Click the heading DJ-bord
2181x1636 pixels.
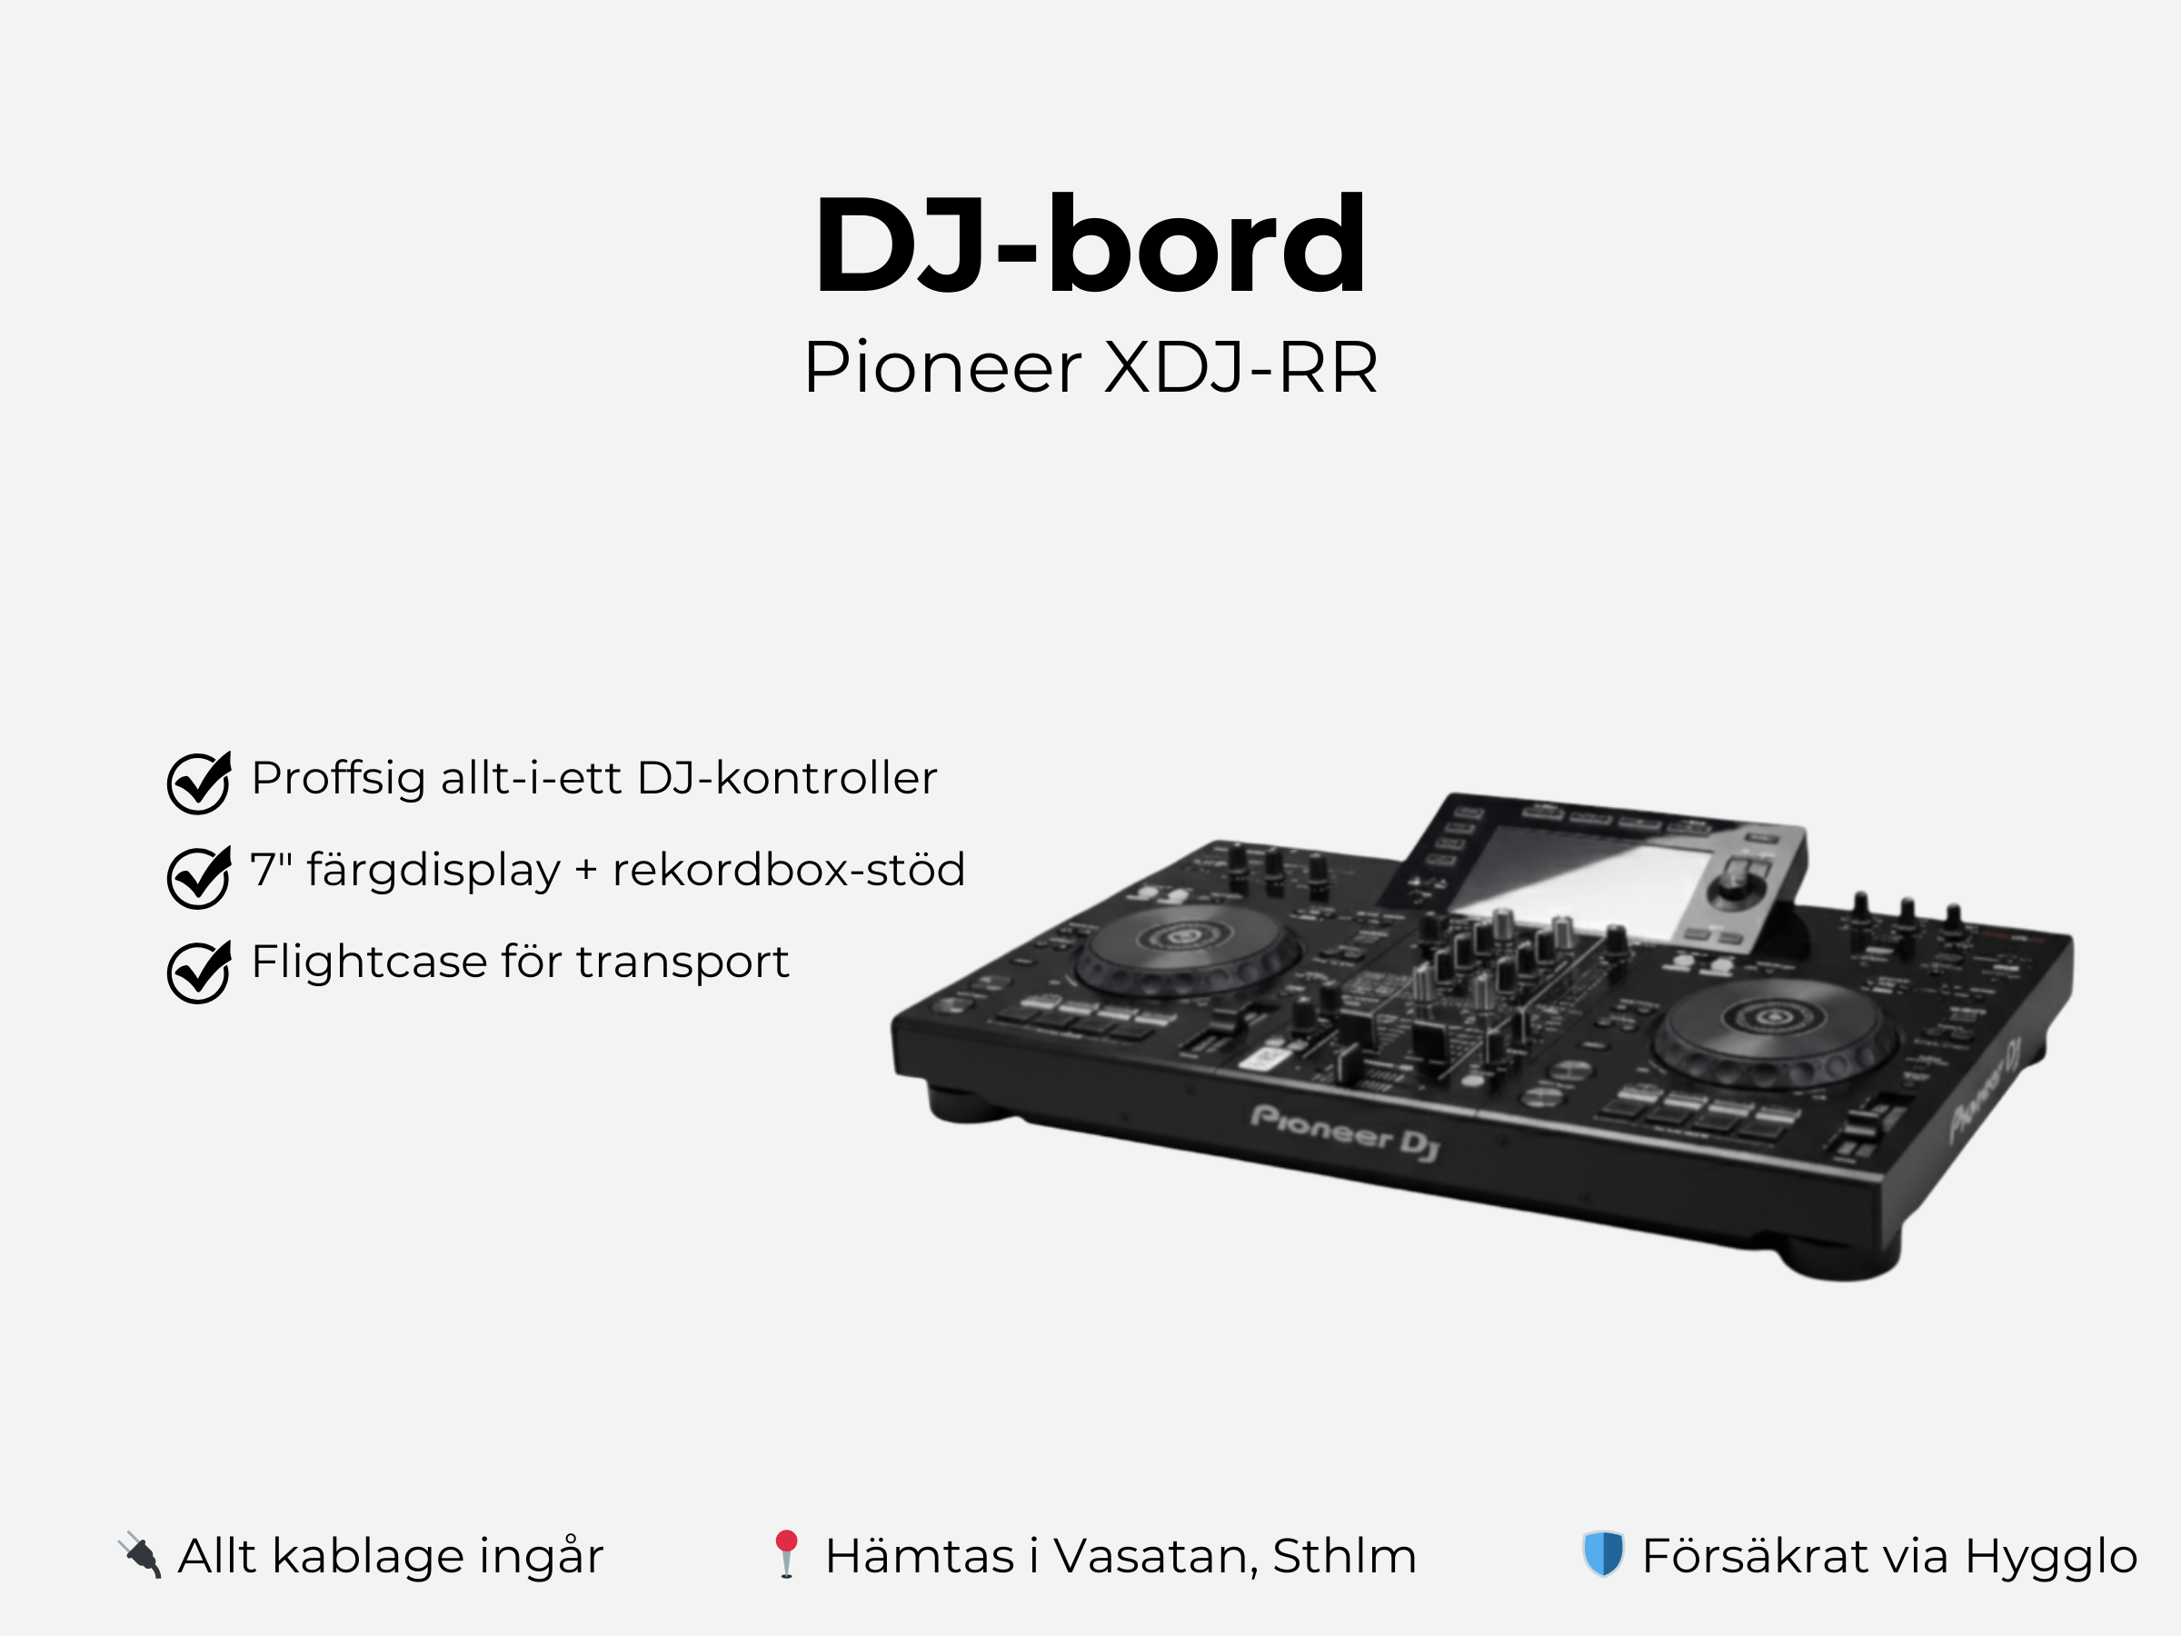(1090, 244)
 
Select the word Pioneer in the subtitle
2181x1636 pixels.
(941, 368)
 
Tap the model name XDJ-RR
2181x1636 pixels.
(1240, 368)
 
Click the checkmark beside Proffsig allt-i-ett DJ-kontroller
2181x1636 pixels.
(198, 782)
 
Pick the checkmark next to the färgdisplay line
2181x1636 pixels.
(198, 875)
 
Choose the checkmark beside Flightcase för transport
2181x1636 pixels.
(198, 971)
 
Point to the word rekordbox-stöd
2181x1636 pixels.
(788, 870)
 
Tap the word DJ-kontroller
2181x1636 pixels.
(786, 778)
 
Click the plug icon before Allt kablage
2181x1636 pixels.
(140, 1554)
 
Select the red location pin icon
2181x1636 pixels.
(786, 1553)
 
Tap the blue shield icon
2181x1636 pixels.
(1602, 1554)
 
